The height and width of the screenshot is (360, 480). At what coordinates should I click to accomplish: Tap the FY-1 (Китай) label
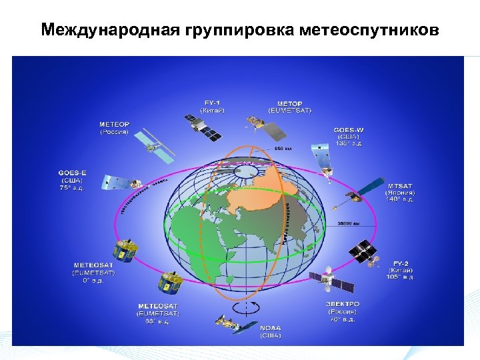click(213, 107)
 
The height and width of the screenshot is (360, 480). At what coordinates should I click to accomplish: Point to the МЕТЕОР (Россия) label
click(115, 128)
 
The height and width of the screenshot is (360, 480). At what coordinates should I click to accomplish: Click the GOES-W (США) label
click(349, 137)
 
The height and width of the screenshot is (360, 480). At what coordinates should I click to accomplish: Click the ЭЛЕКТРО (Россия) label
click(342, 311)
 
